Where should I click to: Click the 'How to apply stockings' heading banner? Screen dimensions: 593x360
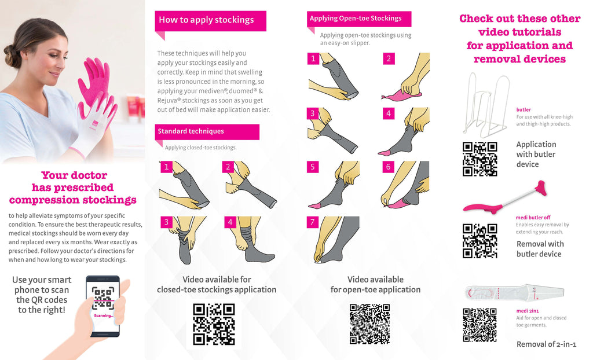click(x=210, y=21)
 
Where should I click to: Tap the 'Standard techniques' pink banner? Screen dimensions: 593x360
click(x=207, y=131)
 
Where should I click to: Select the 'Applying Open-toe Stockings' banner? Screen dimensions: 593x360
click(x=359, y=19)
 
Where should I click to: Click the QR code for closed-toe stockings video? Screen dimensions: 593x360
click(x=214, y=324)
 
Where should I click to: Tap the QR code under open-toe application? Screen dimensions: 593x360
click(x=369, y=324)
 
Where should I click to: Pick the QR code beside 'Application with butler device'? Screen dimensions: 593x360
click(x=479, y=159)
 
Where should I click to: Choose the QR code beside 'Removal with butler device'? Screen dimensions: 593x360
click(x=479, y=241)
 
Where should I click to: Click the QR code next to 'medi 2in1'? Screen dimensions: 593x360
click(x=479, y=325)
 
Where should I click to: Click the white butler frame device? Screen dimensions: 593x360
click(x=486, y=105)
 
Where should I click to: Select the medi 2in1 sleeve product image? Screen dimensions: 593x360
click(x=514, y=292)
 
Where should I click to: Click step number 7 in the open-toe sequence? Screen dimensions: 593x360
click(x=312, y=222)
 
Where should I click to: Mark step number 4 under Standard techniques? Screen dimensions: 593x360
click(x=230, y=222)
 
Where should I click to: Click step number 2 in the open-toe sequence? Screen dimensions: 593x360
click(x=389, y=58)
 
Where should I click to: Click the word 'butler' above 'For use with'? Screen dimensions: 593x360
click(x=524, y=109)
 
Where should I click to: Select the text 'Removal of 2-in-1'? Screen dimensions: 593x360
click(x=547, y=344)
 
